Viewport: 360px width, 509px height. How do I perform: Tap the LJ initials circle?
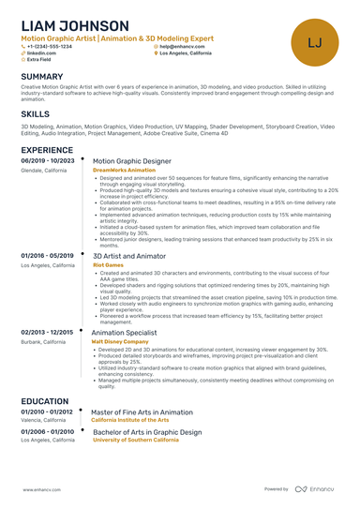(x=314, y=41)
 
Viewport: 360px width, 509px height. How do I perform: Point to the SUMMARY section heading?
(x=42, y=76)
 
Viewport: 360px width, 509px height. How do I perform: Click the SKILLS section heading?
(x=36, y=112)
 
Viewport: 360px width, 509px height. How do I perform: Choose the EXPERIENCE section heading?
(x=47, y=149)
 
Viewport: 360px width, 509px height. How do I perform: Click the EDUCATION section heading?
(x=44, y=400)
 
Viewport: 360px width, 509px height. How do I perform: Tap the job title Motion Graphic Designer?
(x=131, y=160)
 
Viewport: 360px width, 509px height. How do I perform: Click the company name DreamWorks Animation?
(x=125, y=170)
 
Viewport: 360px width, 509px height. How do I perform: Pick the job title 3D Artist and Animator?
(x=129, y=255)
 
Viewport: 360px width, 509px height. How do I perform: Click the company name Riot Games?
(x=108, y=265)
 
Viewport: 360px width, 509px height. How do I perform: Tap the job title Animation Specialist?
(x=125, y=332)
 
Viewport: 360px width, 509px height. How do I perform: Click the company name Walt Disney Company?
(x=120, y=341)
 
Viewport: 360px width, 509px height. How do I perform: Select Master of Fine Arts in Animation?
(x=142, y=412)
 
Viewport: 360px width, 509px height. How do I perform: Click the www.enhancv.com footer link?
(x=44, y=488)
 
